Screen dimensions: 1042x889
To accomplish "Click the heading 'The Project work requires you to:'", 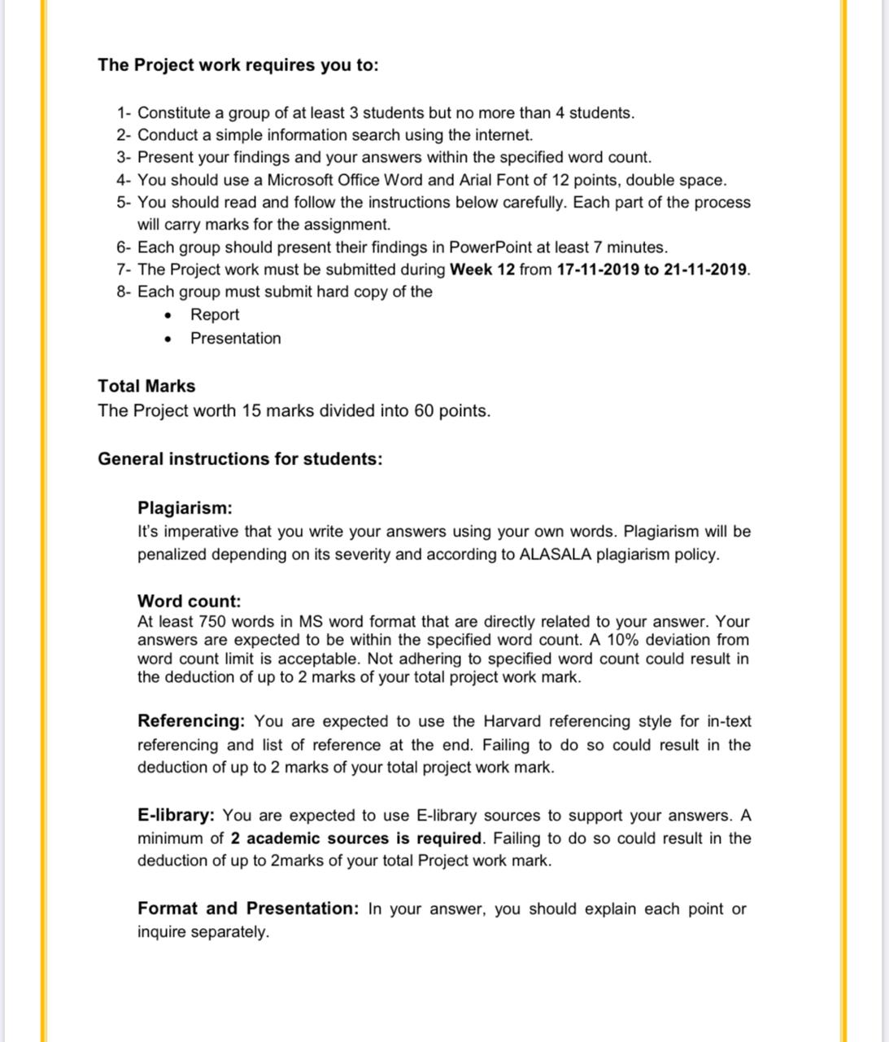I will tap(238, 65).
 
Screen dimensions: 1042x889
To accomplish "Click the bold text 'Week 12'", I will tap(482, 269).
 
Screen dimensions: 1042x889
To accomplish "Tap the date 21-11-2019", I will tap(705, 269).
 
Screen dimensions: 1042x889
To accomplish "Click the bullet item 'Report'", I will tap(215, 315).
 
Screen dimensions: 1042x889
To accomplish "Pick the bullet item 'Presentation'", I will tap(235, 339).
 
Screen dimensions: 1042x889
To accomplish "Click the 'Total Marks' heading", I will tap(146, 387).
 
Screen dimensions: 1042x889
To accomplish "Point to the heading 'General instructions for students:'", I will tap(240, 459).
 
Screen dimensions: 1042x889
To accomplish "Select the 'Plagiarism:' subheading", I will tap(185, 508).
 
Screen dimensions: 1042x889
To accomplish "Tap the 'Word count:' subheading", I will tap(189, 602).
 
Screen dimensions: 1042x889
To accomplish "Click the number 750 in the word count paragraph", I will tap(212, 622).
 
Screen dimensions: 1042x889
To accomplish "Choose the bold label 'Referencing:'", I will tap(191, 721).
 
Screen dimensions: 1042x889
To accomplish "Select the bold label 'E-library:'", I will tap(176, 816).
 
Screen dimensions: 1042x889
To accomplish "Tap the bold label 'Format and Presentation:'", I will tap(248, 908).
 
